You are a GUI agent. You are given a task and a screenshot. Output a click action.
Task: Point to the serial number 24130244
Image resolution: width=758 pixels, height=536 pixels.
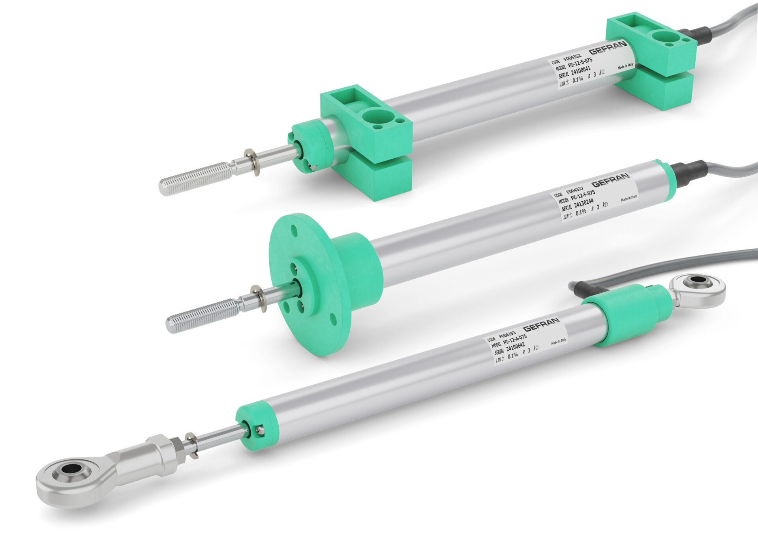pos(583,204)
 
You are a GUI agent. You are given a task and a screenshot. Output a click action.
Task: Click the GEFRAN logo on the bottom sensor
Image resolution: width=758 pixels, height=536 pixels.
pos(541,325)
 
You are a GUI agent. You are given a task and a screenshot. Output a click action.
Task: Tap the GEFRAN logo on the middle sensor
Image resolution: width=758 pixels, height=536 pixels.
pos(610,180)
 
